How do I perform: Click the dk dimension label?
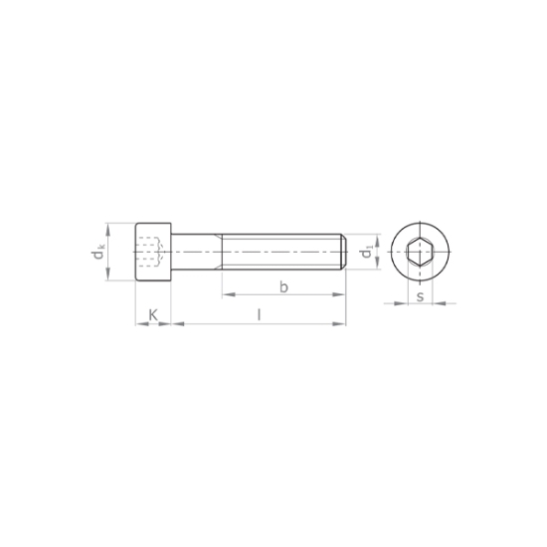pyautogui.click(x=99, y=253)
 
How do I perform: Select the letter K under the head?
pyautogui.click(x=152, y=315)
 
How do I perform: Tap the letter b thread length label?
pyautogui.click(x=283, y=287)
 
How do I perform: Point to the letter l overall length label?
pyautogui.click(x=260, y=315)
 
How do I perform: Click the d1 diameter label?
pyautogui.click(x=368, y=254)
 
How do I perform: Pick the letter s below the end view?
pyautogui.click(x=421, y=295)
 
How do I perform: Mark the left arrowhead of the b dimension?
pyautogui.click(x=225, y=294)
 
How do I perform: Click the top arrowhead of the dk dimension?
pyautogui.click(x=109, y=226)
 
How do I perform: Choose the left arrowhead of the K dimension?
pyautogui.click(x=137, y=323)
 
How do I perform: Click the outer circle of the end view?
pyautogui.click(x=421, y=225)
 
